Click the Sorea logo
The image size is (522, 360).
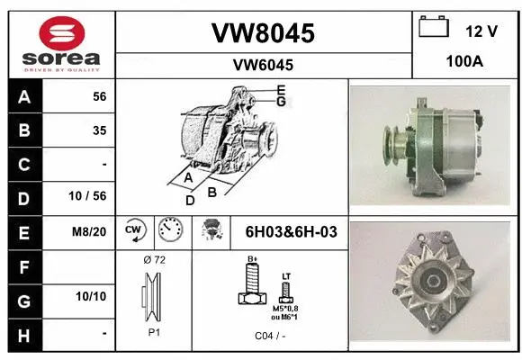click(59, 43)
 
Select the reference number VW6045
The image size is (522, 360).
click(262, 65)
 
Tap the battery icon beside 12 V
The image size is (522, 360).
click(434, 29)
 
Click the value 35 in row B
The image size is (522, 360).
click(99, 130)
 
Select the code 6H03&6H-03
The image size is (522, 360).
click(291, 231)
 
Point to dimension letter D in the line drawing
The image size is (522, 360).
click(190, 201)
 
